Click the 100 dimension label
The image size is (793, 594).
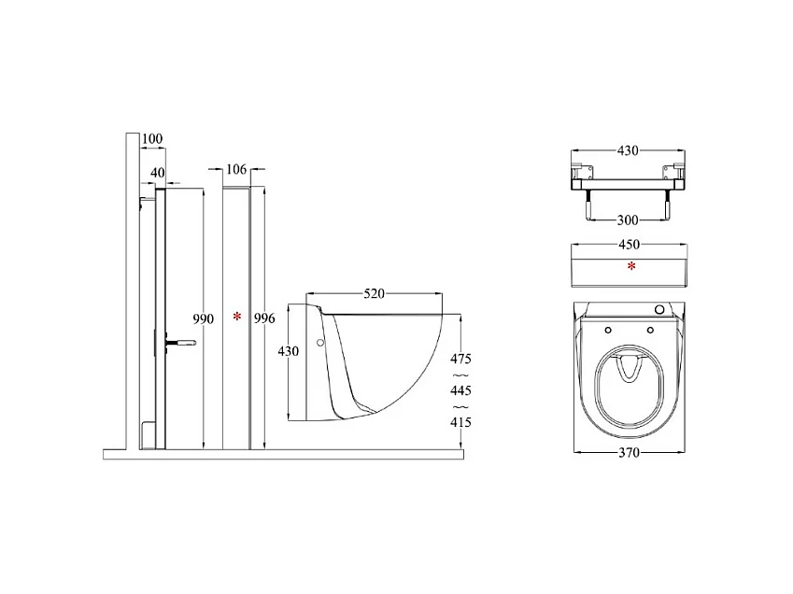click(152, 139)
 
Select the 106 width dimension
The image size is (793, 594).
click(236, 169)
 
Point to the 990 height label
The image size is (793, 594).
click(204, 318)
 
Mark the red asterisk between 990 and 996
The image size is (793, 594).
click(237, 318)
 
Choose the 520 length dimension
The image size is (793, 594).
click(374, 294)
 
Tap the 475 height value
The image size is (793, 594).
click(460, 360)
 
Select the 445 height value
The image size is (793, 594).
click(460, 391)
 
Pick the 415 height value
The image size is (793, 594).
click(460, 423)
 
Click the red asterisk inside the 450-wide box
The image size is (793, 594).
click(632, 267)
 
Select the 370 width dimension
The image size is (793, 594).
click(631, 451)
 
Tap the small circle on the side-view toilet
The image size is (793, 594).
click(321, 344)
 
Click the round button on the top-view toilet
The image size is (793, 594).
click(661, 310)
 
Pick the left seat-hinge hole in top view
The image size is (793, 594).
click(608, 330)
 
